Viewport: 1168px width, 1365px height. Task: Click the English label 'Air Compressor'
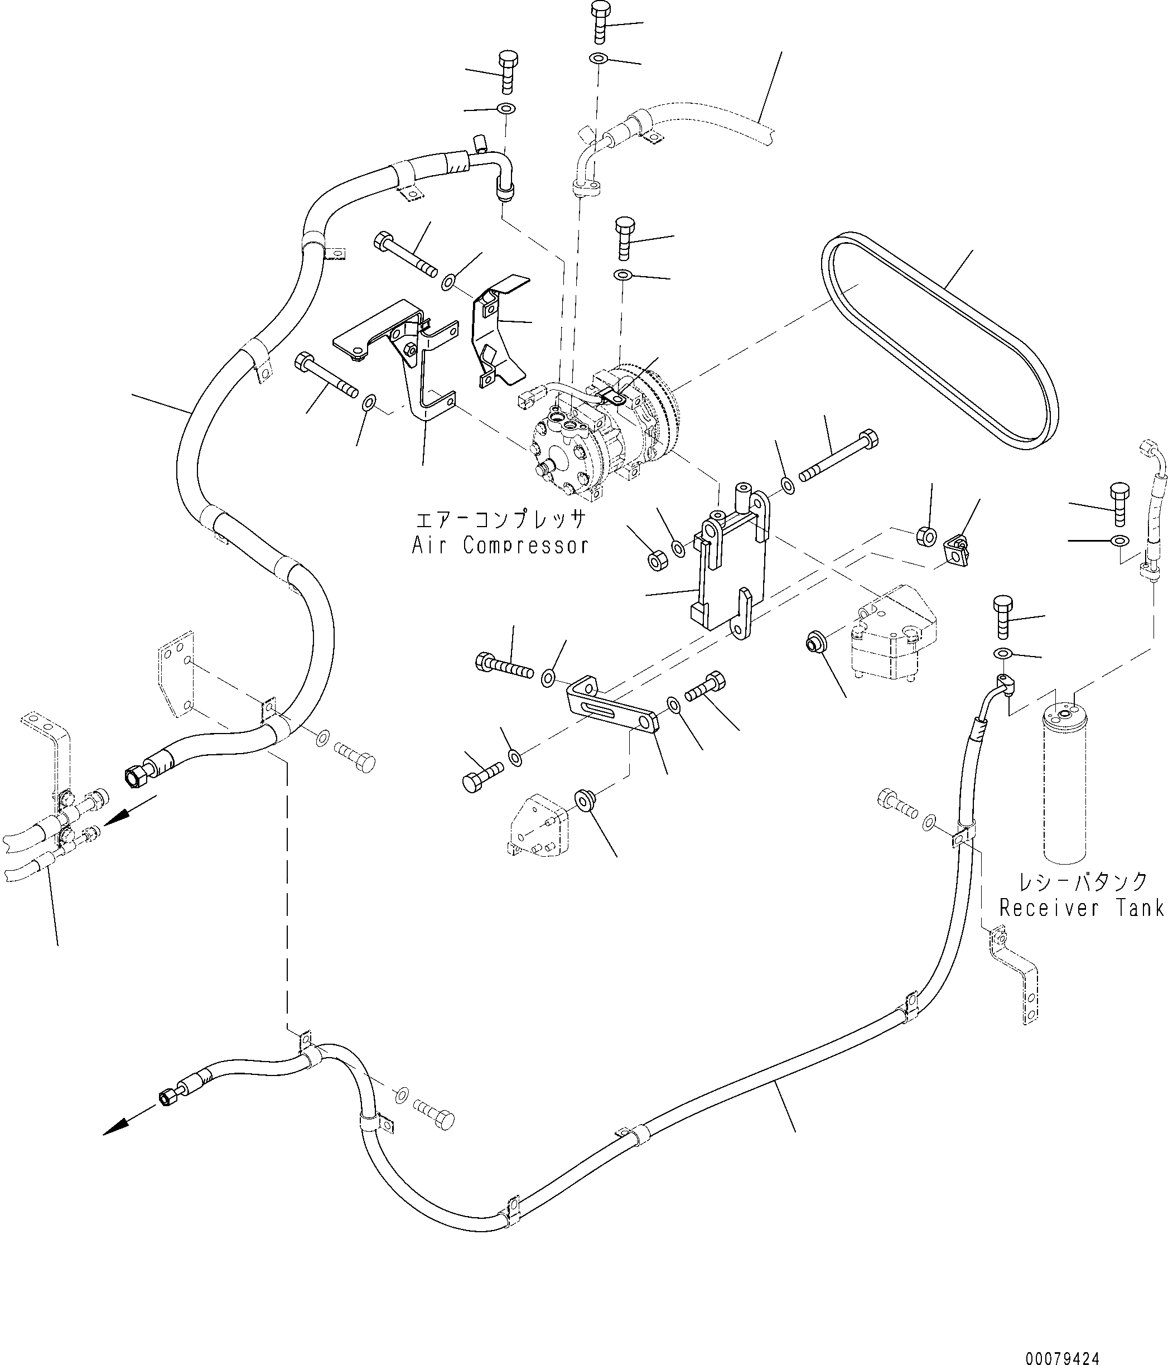(x=499, y=546)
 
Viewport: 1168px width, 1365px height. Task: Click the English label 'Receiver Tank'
(x=1081, y=909)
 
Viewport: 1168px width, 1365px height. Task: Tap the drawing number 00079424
(x=1062, y=1354)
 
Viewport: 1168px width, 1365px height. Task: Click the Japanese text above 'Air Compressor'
(x=500, y=520)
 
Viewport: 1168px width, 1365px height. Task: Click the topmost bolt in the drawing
(x=600, y=21)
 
